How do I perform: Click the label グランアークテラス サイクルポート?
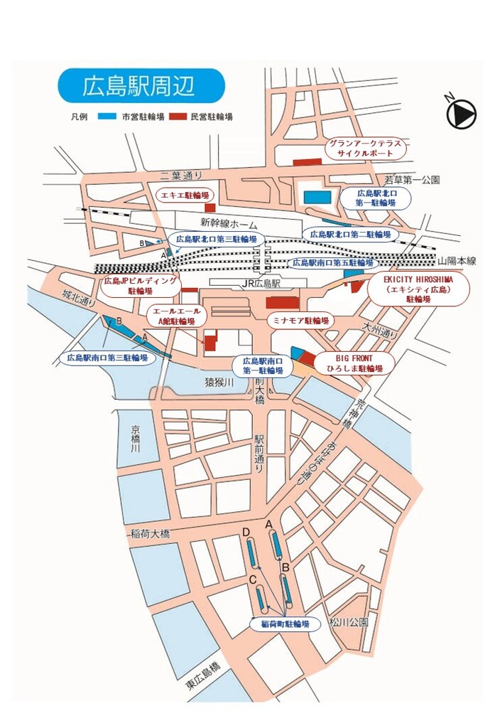365,147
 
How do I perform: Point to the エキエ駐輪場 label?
185,194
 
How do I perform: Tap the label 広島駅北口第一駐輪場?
375,198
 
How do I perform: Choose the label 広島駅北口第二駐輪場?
350,234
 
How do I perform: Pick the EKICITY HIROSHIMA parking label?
418,289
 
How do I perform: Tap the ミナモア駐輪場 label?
301,321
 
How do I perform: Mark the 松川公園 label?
349,623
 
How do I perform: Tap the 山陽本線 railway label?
457,261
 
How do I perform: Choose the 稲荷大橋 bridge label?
150,533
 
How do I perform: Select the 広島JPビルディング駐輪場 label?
140,286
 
